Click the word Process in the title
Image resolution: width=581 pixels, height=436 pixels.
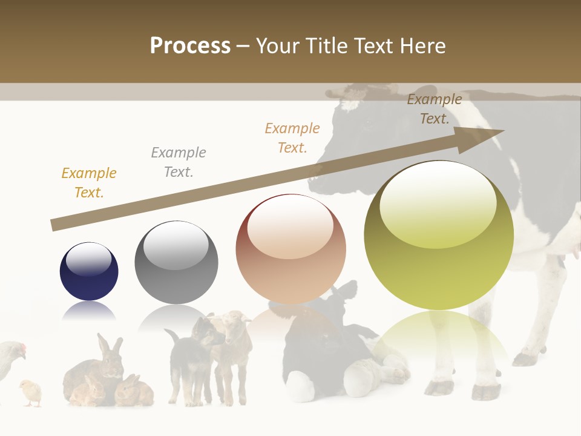(x=190, y=45)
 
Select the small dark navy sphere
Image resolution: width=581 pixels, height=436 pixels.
(x=89, y=271)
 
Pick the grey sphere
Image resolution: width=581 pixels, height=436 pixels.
(x=176, y=262)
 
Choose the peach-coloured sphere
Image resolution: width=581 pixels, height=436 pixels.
(x=290, y=249)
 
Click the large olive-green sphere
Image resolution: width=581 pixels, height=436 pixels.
(x=439, y=236)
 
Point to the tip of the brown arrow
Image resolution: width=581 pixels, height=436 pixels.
(x=502, y=131)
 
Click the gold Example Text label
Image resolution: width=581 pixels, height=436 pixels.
(x=89, y=183)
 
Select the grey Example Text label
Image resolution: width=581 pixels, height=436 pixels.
(x=179, y=162)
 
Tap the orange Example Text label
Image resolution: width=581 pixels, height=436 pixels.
(x=292, y=138)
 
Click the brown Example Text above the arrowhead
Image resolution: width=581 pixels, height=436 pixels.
(x=434, y=109)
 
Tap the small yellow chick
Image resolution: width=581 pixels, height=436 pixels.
(x=30, y=392)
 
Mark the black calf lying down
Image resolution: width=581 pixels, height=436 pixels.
(x=321, y=351)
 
